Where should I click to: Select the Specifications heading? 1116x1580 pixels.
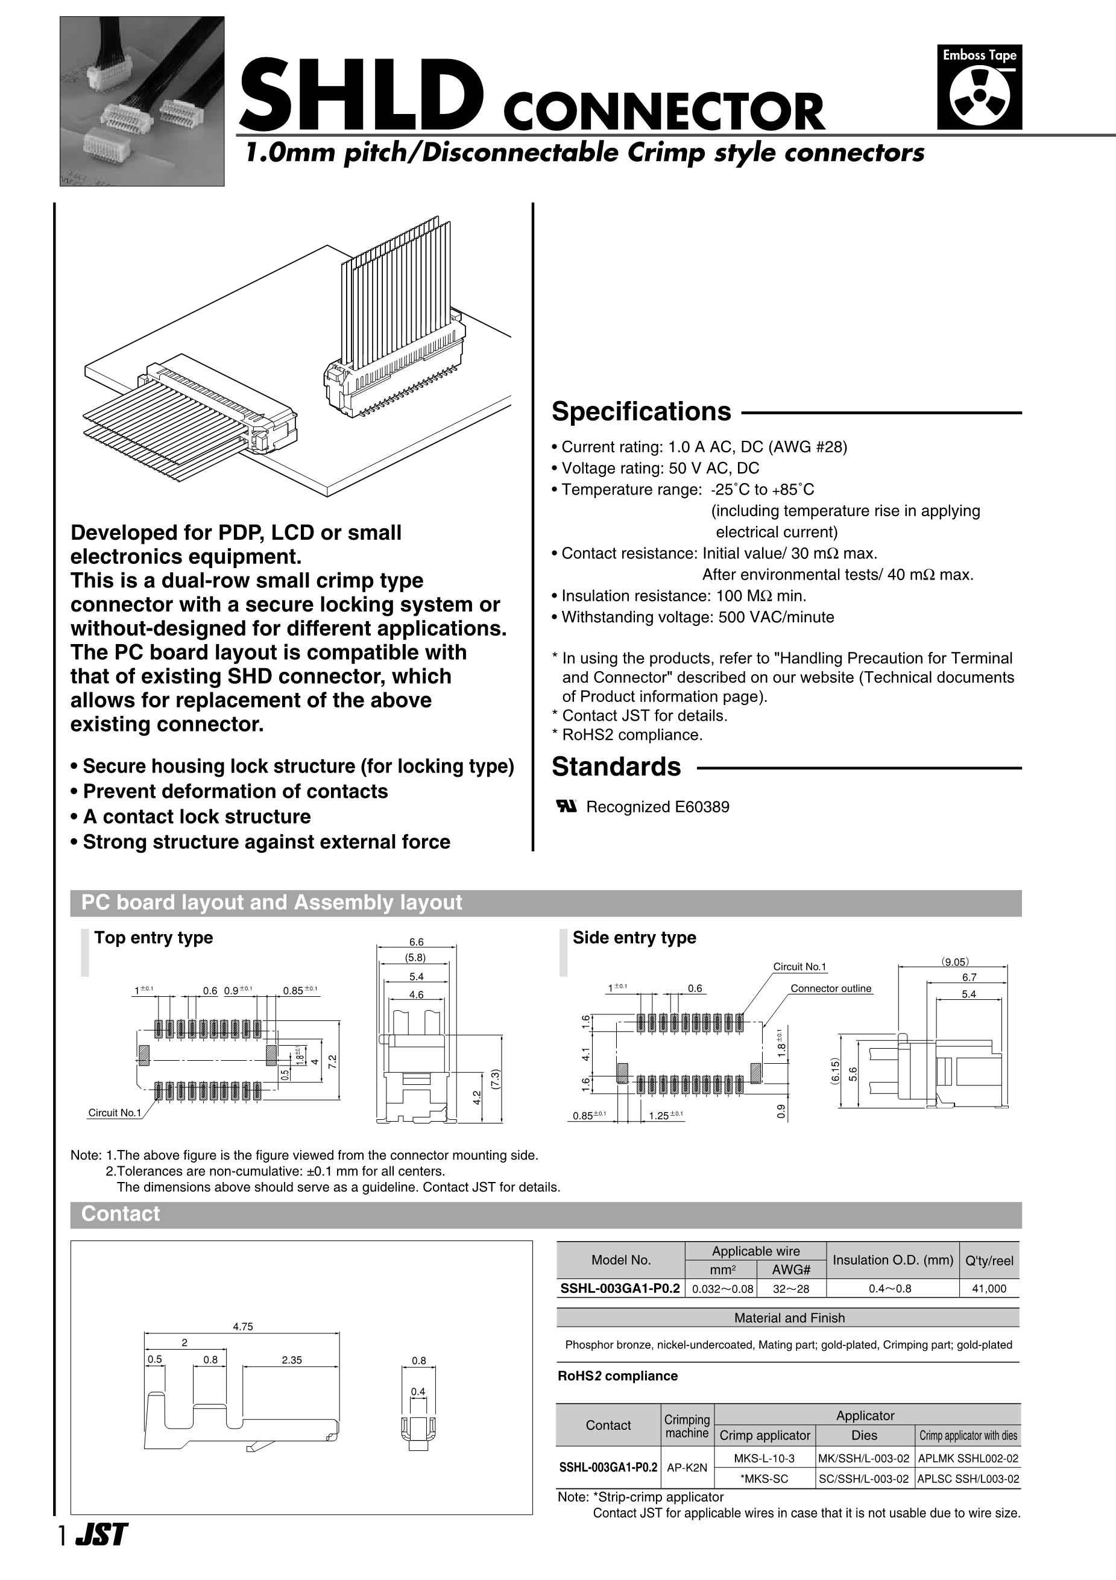pyautogui.click(x=642, y=411)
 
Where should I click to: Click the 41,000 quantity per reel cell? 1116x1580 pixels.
pyautogui.click(x=989, y=1288)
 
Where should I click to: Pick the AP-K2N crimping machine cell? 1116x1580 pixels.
pyautogui.click(x=687, y=1467)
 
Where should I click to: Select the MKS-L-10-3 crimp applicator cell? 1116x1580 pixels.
pyautogui.click(x=764, y=1458)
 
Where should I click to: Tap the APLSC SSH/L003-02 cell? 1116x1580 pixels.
pyautogui.click(x=968, y=1478)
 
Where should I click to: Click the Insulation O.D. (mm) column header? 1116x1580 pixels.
pyautogui.click(x=892, y=1260)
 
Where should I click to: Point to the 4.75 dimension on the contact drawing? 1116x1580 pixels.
pyautogui.click(x=243, y=1326)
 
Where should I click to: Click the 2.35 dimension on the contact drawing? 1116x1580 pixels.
pyautogui.click(x=292, y=1360)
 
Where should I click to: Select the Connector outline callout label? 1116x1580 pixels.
pyautogui.click(x=830, y=988)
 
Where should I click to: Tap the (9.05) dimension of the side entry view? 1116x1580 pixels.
pyautogui.click(x=955, y=962)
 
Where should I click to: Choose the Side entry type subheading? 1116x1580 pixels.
pyautogui.click(x=634, y=937)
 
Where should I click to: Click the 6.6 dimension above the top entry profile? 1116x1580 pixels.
pyautogui.click(x=416, y=942)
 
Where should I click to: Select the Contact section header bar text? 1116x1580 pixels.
pyautogui.click(x=121, y=1213)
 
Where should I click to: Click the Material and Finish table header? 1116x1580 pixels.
pyautogui.click(x=789, y=1318)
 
